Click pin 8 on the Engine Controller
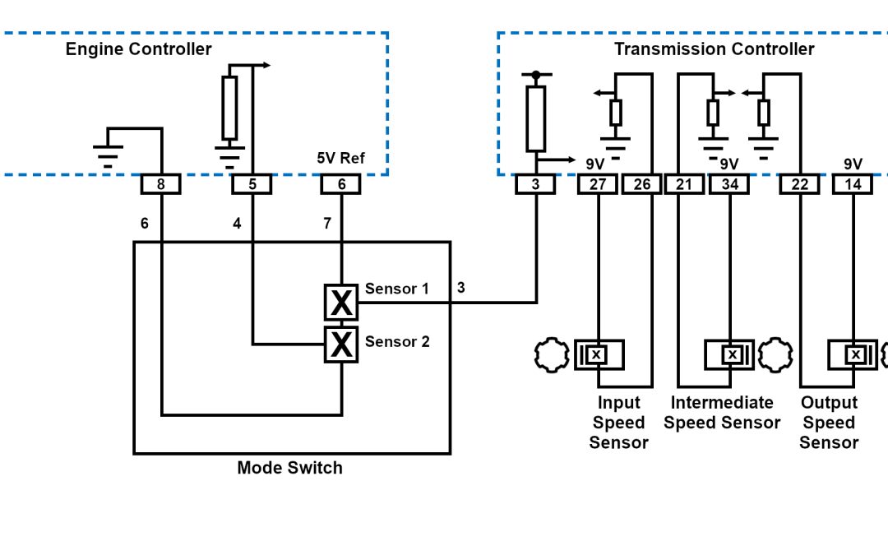pos(160,185)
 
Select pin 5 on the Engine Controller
pos(252,185)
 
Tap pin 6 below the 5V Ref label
pos(341,185)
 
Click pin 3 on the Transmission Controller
pos(535,185)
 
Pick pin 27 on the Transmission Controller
pos(598,185)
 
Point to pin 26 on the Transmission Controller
pos(642,185)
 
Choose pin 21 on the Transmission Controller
pos(684,185)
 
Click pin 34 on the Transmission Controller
pos(729,185)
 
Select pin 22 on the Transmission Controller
pos(799,185)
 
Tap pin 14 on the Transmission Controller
pos(853,185)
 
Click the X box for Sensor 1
pos(341,303)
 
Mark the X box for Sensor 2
pos(341,345)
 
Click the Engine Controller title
pos(138,49)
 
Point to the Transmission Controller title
pos(714,49)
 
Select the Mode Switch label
pos(289,468)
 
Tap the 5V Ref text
pos(340,159)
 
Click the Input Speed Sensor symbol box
pos(599,354)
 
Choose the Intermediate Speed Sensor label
pos(722,413)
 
